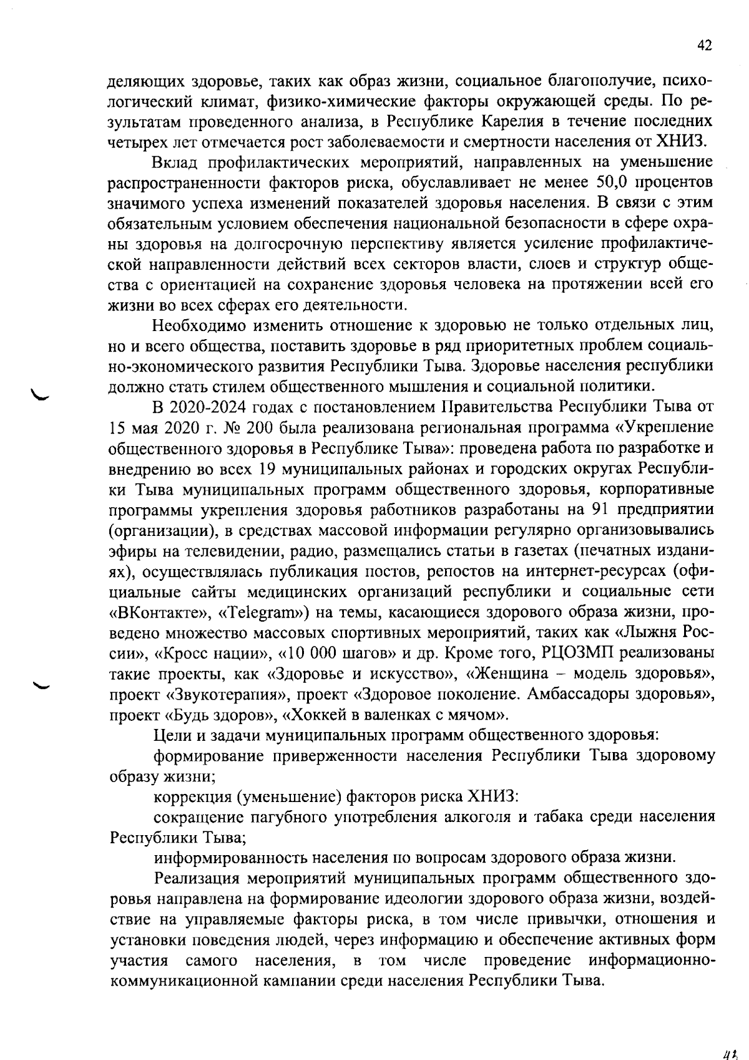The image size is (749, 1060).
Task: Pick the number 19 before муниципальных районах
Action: click(263, 469)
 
